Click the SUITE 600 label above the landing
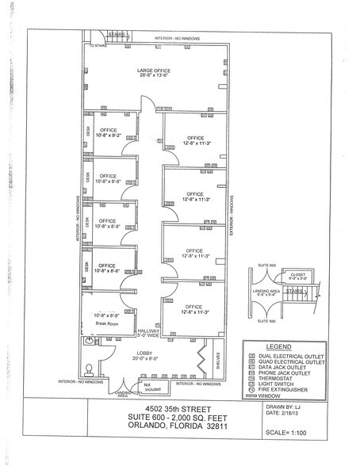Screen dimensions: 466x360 (266, 265)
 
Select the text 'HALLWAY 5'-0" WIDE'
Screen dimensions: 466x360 (147, 334)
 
